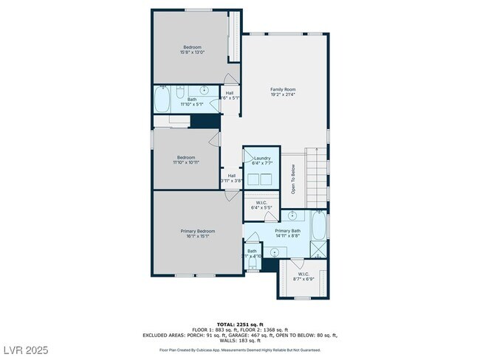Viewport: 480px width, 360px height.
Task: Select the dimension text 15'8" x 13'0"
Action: [192, 52]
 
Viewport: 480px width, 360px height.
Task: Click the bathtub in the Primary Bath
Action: [319, 224]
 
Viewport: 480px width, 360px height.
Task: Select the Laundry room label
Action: [262, 158]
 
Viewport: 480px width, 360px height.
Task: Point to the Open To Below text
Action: [293, 178]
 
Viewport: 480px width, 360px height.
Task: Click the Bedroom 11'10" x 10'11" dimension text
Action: [186, 162]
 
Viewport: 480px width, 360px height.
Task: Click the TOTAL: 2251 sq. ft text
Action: [239, 324]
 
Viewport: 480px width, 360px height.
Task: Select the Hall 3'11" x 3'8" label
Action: [231, 178]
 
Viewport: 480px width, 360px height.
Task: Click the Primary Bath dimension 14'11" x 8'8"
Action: [287, 236]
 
